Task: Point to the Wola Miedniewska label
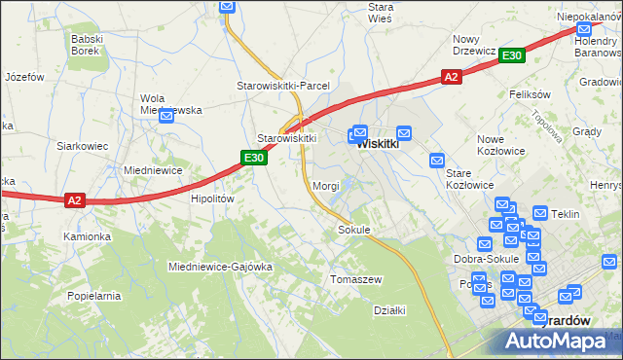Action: pos(170,103)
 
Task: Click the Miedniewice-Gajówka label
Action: pos(220,267)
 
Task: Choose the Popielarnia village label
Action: pos(93,295)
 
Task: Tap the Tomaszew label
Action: pos(356,279)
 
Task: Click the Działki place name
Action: pos(389,310)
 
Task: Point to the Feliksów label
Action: pos(531,94)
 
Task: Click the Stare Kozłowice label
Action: pos(469,179)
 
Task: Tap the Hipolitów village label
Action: pos(212,198)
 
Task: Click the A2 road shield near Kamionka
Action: pos(76,200)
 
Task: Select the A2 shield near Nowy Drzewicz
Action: pos(451,77)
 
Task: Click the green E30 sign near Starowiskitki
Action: pos(254,158)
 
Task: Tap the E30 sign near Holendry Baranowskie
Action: pos(513,56)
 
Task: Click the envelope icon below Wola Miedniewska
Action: pos(166,116)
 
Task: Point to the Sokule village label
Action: pos(354,231)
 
